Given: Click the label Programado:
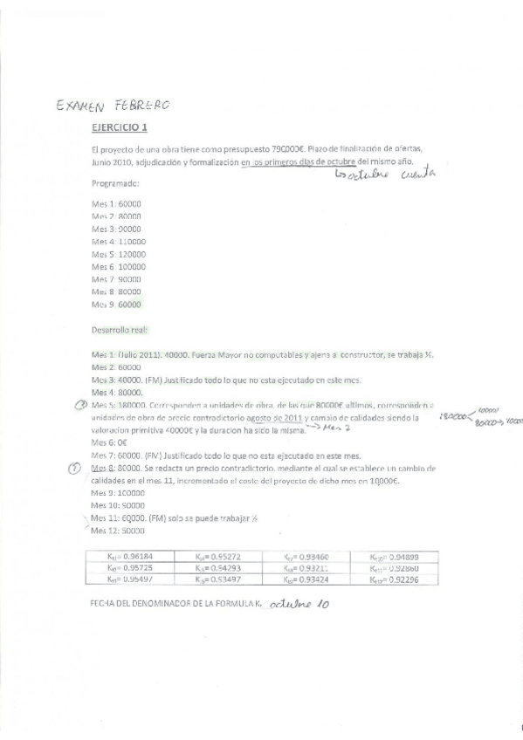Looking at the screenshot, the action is point(115,183).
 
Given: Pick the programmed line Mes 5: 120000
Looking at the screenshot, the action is point(119,254).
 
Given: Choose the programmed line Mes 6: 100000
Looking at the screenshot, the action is point(119,266).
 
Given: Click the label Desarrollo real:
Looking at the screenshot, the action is point(120,330).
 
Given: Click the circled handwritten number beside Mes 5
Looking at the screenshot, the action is point(79,405).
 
